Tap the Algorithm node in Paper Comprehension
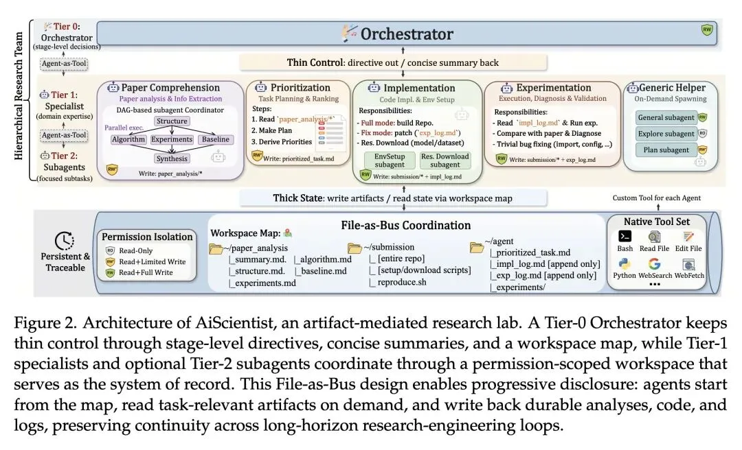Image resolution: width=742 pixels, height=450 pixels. coord(128,140)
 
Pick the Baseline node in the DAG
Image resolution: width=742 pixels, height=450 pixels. coord(214,140)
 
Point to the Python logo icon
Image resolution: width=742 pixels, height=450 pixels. coord(625,264)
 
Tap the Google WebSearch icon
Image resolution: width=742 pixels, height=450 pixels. coord(654,264)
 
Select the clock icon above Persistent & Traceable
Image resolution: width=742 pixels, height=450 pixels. coord(64,241)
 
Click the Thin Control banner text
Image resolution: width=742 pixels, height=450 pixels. coord(393,63)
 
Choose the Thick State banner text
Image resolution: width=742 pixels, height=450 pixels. coord(393,198)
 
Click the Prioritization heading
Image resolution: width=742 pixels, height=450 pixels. coord(300,88)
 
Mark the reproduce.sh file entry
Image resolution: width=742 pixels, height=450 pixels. coord(398,282)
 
